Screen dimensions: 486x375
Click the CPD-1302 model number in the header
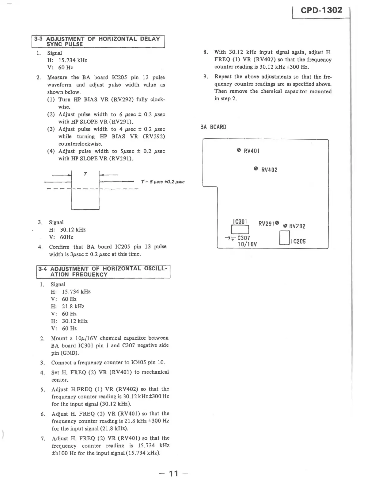pos(321,10)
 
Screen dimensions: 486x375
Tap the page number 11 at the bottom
pos(173,473)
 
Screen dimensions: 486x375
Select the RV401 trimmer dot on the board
pos(239,150)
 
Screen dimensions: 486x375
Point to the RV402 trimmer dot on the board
pos(256,168)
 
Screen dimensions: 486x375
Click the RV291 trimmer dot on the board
pos(277,223)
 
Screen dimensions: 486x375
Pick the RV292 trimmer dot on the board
pos(285,226)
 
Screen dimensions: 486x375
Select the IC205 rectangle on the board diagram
pos(285,238)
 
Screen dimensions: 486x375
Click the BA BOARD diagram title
pos(214,127)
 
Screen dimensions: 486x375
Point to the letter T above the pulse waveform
pos(85,174)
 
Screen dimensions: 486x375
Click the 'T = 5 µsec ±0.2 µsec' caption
pos(163,182)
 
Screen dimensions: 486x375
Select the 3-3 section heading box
pos(98,41)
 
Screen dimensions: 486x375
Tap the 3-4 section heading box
pos(103,272)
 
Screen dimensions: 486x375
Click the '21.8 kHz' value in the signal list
pos(73,306)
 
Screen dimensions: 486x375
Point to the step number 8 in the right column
pos(206,52)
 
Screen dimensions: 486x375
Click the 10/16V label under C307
pos(247,244)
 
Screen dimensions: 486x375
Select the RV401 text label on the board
pos(252,151)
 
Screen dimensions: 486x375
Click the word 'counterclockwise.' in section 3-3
pos(80,144)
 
